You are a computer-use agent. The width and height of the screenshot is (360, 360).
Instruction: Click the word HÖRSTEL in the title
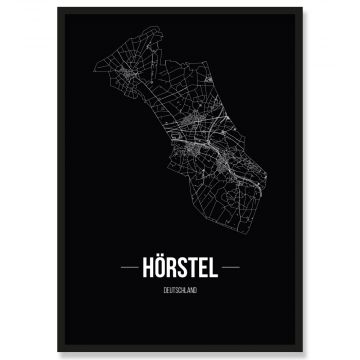pyautogui.click(x=180, y=269)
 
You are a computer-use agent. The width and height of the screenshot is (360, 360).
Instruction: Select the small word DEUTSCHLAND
pyautogui.click(x=180, y=289)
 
